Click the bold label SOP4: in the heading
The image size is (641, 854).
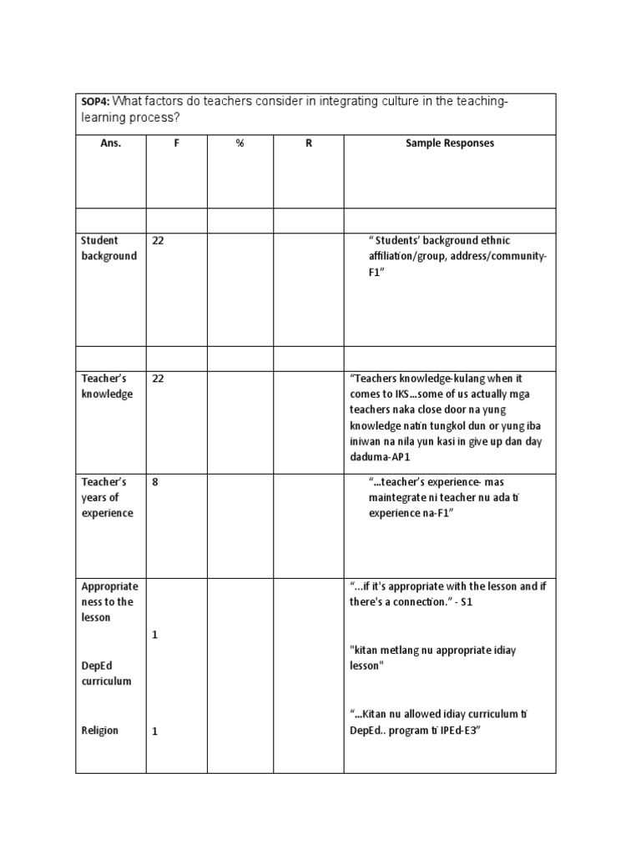pyautogui.click(x=95, y=102)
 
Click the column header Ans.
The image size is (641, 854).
pyautogui.click(x=110, y=143)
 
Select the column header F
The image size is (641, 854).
pyautogui.click(x=176, y=143)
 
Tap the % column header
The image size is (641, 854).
pyautogui.click(x=240, y=143)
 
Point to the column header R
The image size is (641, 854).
pyautogui.click(x=308, y=143)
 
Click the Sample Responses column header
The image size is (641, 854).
pyautogui.click(x=449, y=143)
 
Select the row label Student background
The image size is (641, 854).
pyautogui.click(x=109, y=249)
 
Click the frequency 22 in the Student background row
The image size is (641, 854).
pyautogui.click(x=158, y=241)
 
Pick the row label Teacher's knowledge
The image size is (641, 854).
pyautogui.click(x=107, y=386)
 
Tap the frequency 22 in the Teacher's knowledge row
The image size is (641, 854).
pyautogui.click(x=158, y=379)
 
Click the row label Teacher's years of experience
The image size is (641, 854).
pyautogui.click(x=107, y=498)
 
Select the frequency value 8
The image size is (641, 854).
pyautogui.click(x=155, y=482)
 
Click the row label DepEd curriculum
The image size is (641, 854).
pyautogui.click(x=106, y=673)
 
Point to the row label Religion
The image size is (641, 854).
pyautogui.click(x=99, y=731)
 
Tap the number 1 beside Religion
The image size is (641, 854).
pyautogui.click(x=155, y=731)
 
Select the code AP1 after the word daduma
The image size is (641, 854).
pyautogui.click(x=396, y=458)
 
